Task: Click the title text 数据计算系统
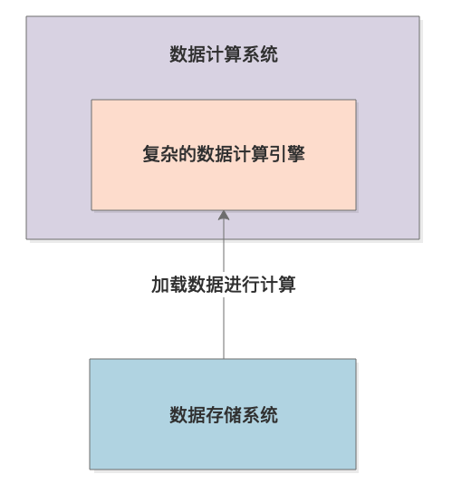tap(224, 54)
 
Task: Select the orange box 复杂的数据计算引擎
tap(224, 155)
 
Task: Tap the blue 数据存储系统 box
tap(223, 414)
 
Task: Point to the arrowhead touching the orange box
tap(224, 215)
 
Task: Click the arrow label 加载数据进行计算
tap(224, 285)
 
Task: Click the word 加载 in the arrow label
tap(169, 285)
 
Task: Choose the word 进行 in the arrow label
tap(242, 285)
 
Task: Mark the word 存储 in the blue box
tap(224, 414)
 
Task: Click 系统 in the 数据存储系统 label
tap(260, 414)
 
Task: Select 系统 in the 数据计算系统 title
tap(260, 54)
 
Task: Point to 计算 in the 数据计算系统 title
tap(224, 54)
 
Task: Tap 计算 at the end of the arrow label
tap(278, 285)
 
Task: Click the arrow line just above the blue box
tap(224, 327)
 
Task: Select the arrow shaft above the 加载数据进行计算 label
tap(224, 246)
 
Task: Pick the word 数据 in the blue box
tap(188, 414)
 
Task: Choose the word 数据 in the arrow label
tap(206, 285)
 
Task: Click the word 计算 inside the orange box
tap(251, 154)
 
